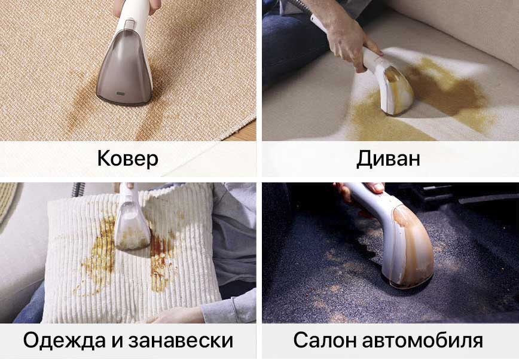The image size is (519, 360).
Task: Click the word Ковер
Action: (x=128, y=158)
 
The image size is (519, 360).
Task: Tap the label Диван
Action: (x=388, y=158)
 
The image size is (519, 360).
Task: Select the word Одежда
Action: (x=65, y=340)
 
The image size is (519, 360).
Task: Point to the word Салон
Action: (x=324, y=340)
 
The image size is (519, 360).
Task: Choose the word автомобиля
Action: (x=422, y=340)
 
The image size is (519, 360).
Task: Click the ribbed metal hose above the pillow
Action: (x=77, y=190)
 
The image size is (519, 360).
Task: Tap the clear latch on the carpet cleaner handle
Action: (x=129, y=24)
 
